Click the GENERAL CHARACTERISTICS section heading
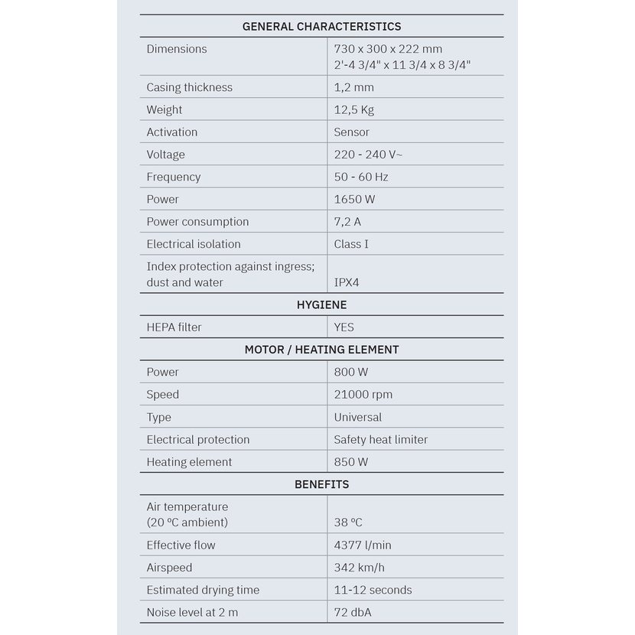point(321,27)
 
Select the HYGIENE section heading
point(321,304)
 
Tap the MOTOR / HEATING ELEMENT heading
point(321,350)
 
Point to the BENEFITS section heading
point(321,484)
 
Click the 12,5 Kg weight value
point(353,109)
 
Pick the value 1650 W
point(354,199)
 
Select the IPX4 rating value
point(347,282)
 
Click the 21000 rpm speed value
point(363,395)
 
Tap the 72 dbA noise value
point(353,612)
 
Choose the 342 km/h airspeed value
point(359,568)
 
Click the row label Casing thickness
point(189,87)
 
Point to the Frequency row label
point(173,177)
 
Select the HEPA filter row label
point(174,327)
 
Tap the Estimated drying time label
point(203,590)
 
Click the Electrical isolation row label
point(194,244)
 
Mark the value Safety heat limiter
point(380,440)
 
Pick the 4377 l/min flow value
point(362,545)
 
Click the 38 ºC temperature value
point(348,523)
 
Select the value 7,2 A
point(347,222)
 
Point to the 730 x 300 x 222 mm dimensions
point(388,49)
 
